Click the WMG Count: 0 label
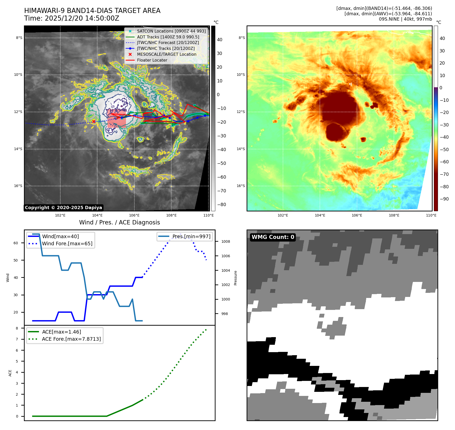(273, 237)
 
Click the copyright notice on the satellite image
(63, 208)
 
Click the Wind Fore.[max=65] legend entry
(60, 243)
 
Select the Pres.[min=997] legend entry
(185, 236)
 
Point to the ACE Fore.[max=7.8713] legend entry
(65, 339)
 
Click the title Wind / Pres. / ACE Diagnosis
(120, 222)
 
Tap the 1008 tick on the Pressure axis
(225, 241)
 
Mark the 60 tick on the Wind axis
(16, 243)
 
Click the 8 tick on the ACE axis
(17, 328)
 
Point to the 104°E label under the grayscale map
(97, 215)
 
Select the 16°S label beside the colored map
(241, 186)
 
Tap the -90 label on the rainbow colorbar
(444, 199)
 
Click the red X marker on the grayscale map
(94, 121)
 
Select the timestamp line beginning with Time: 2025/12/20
(72, 18)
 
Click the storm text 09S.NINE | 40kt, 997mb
(405, 19)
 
